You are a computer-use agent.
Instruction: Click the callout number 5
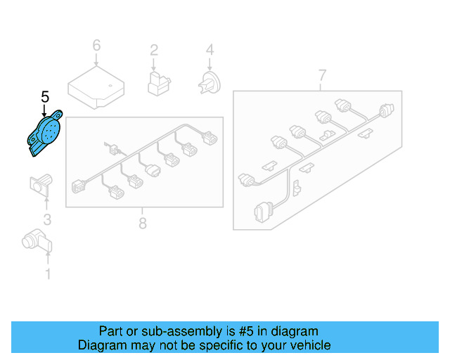tap(45, 96)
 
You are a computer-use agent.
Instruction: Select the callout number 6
tap(96, 46)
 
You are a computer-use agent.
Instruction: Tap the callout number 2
tap(153, 50)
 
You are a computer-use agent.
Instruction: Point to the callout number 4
tap(209, 50)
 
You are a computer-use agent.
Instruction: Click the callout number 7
tap(322, 75)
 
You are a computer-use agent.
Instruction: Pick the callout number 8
tap(142, 224)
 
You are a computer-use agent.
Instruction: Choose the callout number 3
tap(47, 219)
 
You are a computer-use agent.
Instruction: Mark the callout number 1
tap(48, 274)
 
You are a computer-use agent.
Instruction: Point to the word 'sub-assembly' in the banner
tap(177, 331)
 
